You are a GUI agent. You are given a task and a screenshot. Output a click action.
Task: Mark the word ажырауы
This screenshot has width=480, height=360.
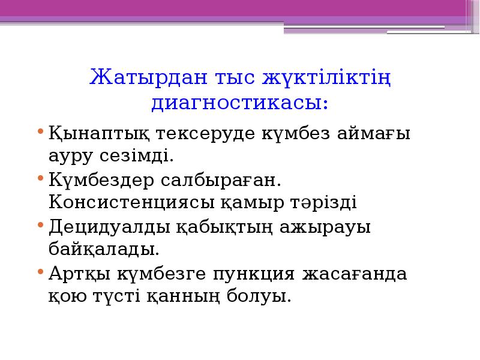tap(330, 227)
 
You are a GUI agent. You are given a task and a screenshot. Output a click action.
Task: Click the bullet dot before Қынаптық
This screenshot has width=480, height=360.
tap(40, 131)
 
